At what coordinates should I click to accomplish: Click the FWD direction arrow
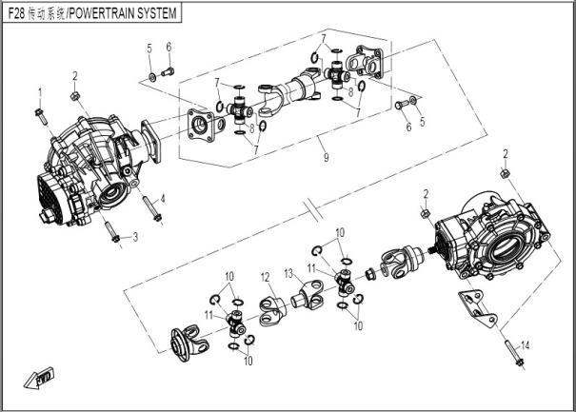[40, 378]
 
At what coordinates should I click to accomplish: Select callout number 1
[40, 91]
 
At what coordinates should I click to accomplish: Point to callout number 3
[135, 236]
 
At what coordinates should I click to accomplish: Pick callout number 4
[163, 198]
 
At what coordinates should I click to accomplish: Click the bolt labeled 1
[42, 115]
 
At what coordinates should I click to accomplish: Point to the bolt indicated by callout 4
[149, 206]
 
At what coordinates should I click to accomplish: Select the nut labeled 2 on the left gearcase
[75, 95]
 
